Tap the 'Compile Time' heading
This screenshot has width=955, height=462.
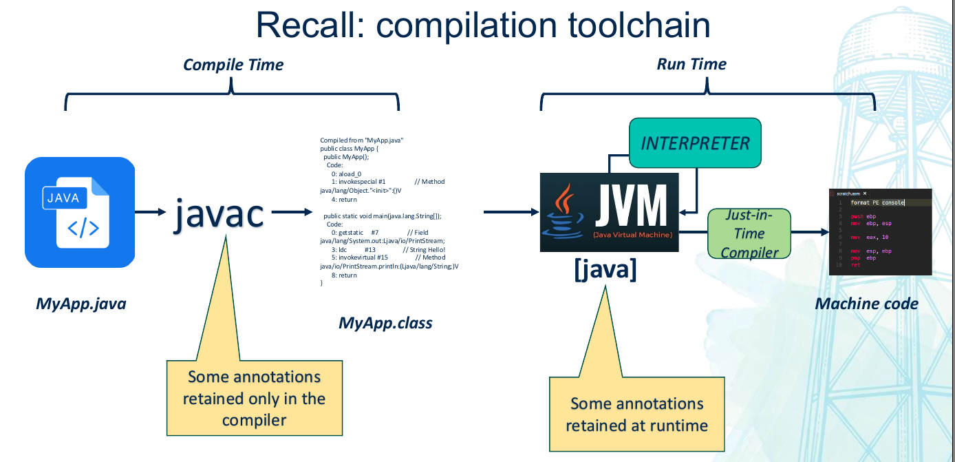(233, 65)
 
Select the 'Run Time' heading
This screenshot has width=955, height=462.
(691, 64)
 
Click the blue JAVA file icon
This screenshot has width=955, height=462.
(79, 212)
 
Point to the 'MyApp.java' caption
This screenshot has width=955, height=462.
(81, 304)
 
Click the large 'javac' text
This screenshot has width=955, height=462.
(218, 213)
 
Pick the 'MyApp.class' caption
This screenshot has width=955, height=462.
(385, 322)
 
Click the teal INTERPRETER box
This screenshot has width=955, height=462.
(695, 143)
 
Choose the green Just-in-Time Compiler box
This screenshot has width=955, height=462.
(749, 233)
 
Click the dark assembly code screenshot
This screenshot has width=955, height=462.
(880, 232)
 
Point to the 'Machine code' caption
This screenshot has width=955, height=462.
(866, 304)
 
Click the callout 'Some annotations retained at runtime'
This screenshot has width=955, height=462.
(636, 414)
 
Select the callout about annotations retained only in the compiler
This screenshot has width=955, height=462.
(254, 398)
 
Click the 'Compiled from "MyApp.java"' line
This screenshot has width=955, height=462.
(361, 140)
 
